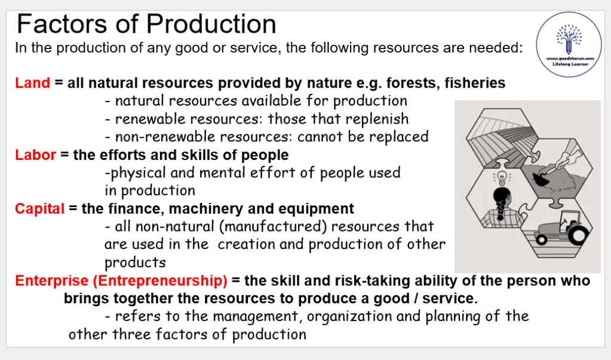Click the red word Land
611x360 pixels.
(33, 83)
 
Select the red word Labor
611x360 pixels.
(35, 155)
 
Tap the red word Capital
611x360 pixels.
(40, 209)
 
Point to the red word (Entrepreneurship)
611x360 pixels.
(160, 281)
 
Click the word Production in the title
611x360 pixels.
(211, 24)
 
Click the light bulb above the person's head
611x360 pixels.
(502, 178)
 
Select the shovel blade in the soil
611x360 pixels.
(540, 178)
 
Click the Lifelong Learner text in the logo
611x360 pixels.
(570, 64)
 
